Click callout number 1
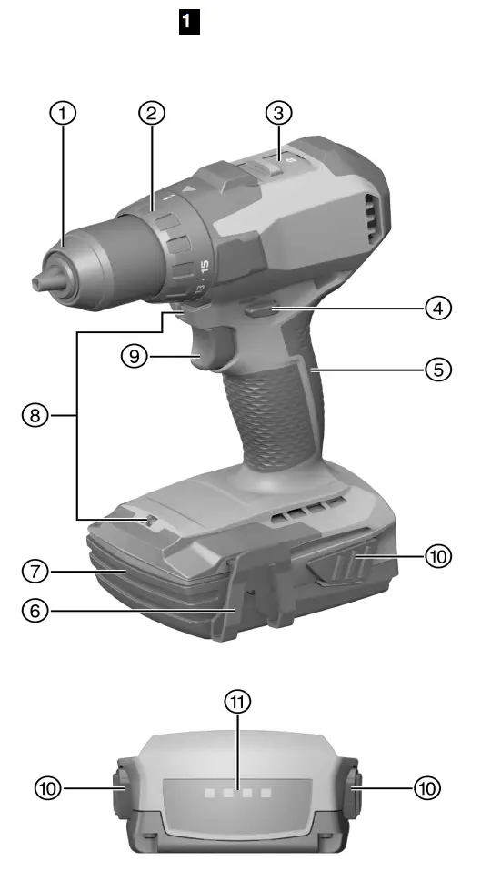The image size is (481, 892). point(63,114)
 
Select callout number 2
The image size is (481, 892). point(151,114)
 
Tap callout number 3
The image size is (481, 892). point(278,114)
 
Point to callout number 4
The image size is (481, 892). point(438,308)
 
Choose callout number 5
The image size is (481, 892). point(438,370)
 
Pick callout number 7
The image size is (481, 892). point(35,573)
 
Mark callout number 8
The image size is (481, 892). point(35,416)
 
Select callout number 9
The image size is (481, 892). point(134,356)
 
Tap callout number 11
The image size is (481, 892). point(239,701)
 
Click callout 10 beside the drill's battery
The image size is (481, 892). point(438,555)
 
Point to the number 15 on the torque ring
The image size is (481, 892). point(204,269)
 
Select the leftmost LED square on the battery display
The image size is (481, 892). point(209,794)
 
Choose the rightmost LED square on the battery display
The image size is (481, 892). point(266,794)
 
